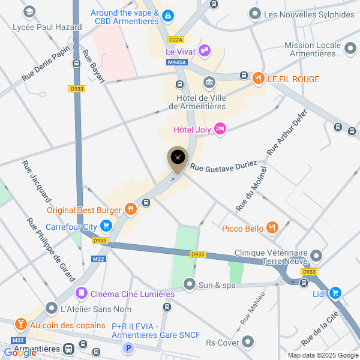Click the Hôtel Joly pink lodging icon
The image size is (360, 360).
(220, 128)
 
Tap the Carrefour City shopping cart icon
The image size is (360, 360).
(106, 226)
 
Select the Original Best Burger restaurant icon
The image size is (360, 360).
(130, 209)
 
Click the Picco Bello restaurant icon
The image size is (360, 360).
(273, 227)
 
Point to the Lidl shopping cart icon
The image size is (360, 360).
(335, 293)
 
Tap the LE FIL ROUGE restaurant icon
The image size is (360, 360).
(259, 78)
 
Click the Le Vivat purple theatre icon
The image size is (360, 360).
(204, 50)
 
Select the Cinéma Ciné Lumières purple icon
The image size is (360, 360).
(80, 293)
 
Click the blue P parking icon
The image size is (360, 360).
(127, 347)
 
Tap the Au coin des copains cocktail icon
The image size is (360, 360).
(21, 325)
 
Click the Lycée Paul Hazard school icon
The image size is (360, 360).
(29, 11)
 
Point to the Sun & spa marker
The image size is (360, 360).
(190, 283)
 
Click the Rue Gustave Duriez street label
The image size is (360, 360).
(223, 166)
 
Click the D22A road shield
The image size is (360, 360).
(176, 40)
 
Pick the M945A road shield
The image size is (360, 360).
(178, 62)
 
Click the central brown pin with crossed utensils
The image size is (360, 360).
(178, 158)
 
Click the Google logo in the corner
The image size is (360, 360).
(20, 352)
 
